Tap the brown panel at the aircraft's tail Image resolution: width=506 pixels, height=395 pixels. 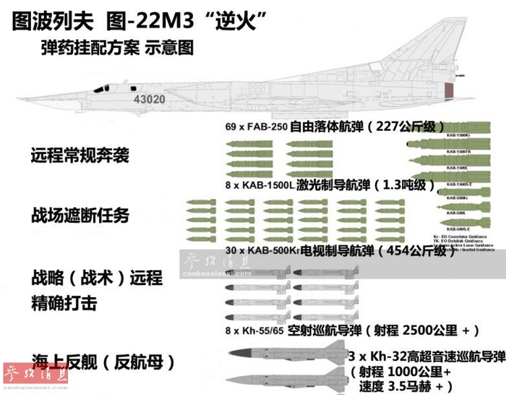449,92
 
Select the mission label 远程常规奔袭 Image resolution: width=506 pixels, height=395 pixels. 80,155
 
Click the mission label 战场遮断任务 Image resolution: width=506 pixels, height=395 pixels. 80,216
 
